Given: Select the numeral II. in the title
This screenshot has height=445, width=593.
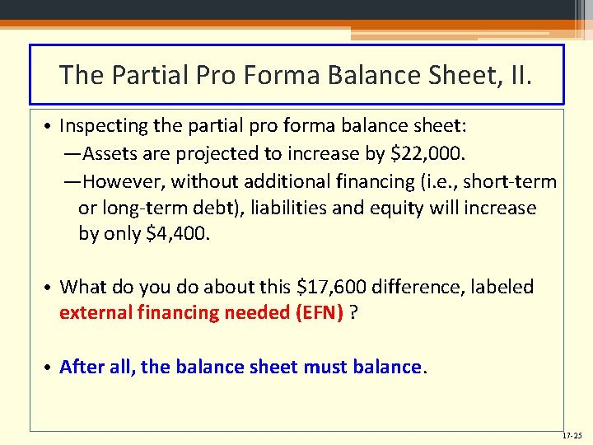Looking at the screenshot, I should (x=520, y=76).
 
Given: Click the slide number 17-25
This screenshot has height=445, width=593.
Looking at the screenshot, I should (x=572, y=435).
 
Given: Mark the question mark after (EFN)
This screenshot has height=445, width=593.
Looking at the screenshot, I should (x=353, y=312).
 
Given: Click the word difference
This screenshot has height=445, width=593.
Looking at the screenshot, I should (x=413, y=287).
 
